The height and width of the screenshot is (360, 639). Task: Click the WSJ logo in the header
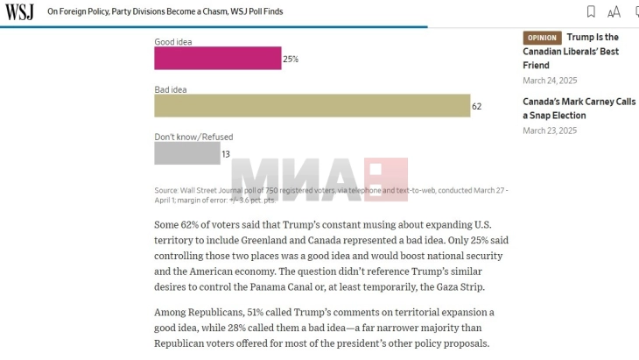pos(19,11)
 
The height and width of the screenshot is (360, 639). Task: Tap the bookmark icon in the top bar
pos(591,11)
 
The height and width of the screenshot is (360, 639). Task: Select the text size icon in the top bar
pos(614,11)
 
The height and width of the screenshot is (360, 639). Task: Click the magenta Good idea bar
pos(217,59)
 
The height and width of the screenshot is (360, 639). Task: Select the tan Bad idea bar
pos(312,106)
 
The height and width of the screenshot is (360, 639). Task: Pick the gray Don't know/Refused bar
pos(186,153)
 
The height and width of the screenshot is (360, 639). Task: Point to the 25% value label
pos(291,60)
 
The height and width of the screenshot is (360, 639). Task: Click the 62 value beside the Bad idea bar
pos(477,107)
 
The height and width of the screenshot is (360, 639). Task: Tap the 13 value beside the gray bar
pos(226,154)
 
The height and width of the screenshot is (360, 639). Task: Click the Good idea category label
pos(174,41)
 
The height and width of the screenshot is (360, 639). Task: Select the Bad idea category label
pos(171,89)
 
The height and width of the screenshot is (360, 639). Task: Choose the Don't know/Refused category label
pos(193,137)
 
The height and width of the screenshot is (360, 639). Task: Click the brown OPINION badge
pos(542,38)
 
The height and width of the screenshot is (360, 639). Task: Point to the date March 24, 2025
pos(550,81)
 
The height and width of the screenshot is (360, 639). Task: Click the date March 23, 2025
pos(550,131)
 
